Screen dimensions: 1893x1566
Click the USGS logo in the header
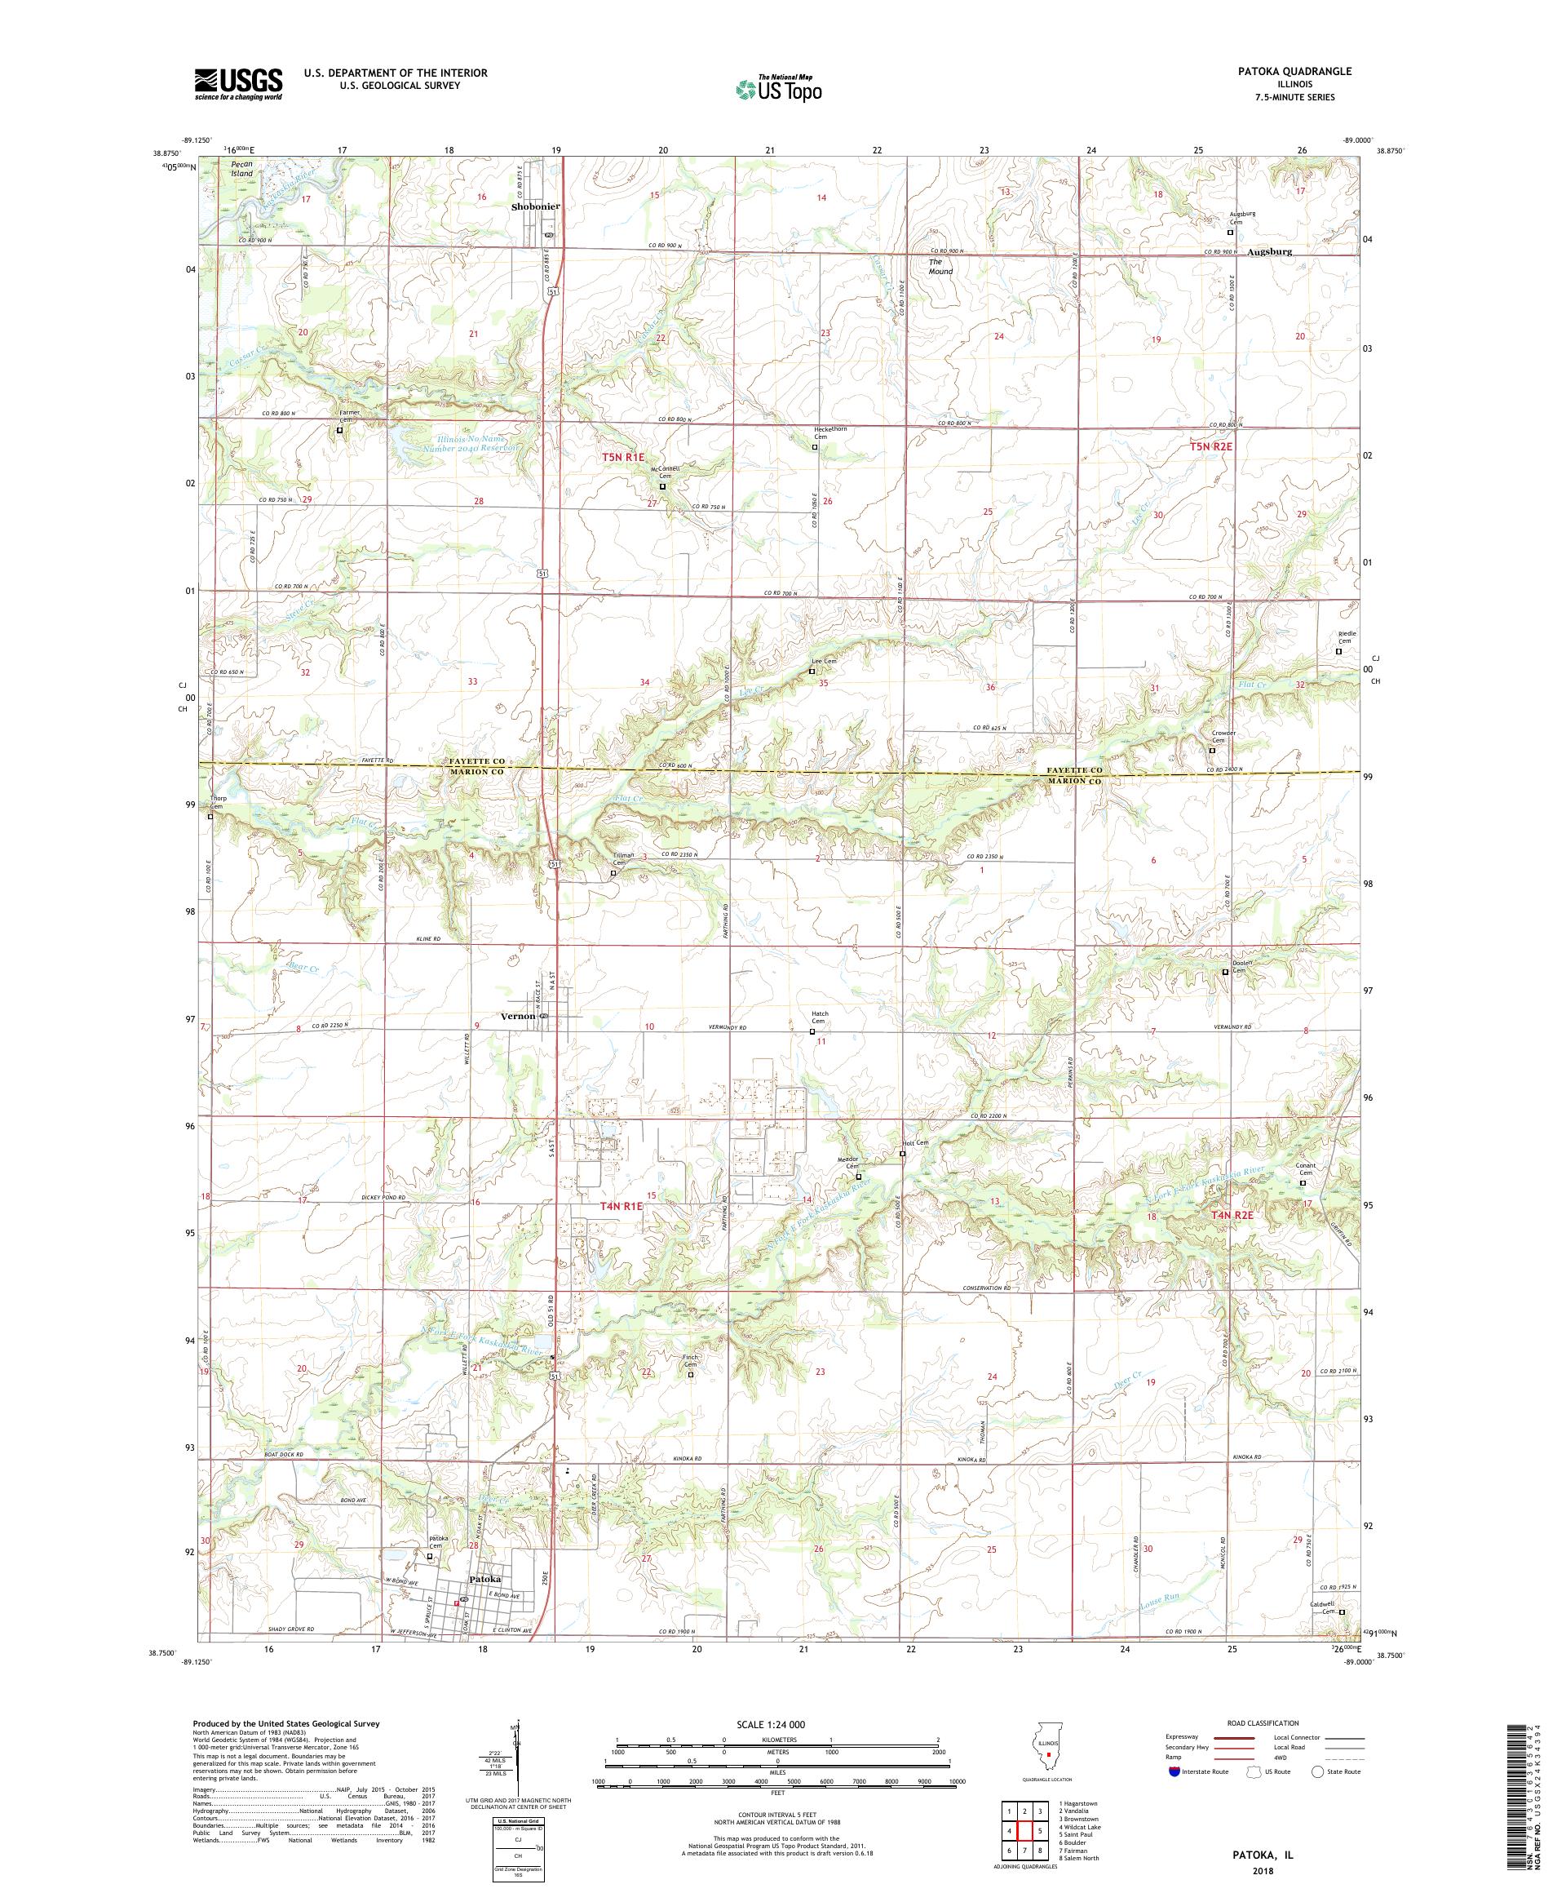tap(238, 84)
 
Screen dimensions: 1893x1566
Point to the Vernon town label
tap(518, 1016)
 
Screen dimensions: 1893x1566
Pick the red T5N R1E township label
tap(626, 458)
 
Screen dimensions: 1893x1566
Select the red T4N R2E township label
tap(1232, 1215)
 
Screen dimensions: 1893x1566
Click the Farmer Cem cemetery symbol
tap(339, 430)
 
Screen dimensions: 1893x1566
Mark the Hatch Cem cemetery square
tap(811, 1031)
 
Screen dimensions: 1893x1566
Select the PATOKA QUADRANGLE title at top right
tap(1298, 71)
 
